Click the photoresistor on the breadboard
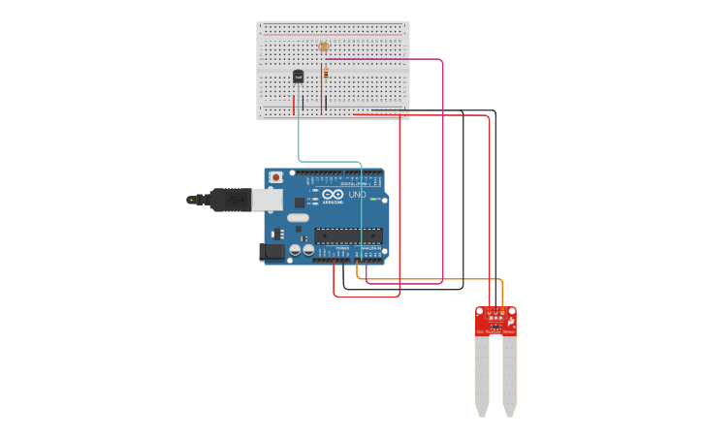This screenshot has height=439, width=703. tap(324, 46)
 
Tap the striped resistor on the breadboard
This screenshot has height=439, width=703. tap(326, 73)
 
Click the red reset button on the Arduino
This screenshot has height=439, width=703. tap(276, 177)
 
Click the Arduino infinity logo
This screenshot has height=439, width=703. tap(333, 194)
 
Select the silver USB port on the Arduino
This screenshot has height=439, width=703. tap(269, 199)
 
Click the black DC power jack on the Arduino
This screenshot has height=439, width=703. tap(272, 252)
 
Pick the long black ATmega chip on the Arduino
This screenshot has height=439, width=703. tap(347, 235)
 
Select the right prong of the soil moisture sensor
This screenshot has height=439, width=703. tap(510, 378)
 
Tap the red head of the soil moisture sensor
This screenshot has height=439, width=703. tap(495, 322)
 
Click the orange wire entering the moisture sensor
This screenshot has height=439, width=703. tap(501, 291)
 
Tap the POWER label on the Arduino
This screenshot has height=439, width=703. tap(341, 248)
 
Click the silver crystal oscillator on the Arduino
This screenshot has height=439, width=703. tap(297, 217)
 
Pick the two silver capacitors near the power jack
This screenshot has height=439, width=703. tap(301, 251)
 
